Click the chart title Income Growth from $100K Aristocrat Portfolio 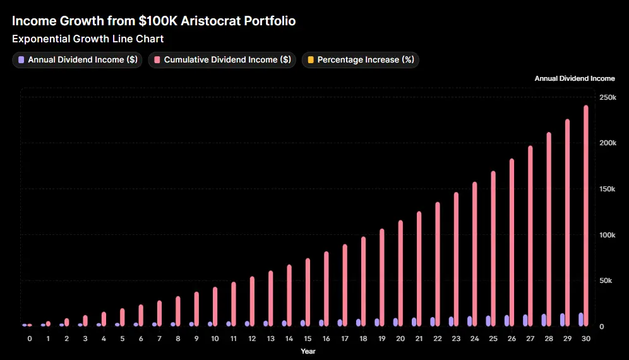[153, 21]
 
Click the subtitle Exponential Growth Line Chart [88, 39]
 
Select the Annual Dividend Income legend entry [78, 60]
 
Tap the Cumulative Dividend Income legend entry [222, 60]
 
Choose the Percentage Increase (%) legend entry [361, 60]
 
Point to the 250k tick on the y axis [608, 97]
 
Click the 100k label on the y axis [608, 235]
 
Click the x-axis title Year [308, 351]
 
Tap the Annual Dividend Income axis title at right [574, 79]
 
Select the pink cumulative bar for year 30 [586, 215]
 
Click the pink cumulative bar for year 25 [493, 248]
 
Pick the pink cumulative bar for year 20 [400, 273]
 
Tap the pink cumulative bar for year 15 [308, 292]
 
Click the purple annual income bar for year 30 [580, 320]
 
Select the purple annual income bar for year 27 [525, 320]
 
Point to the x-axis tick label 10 [215, 339]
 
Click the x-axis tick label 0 [29, 339]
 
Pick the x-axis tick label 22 [438, 339]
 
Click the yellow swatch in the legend [309, 60]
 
